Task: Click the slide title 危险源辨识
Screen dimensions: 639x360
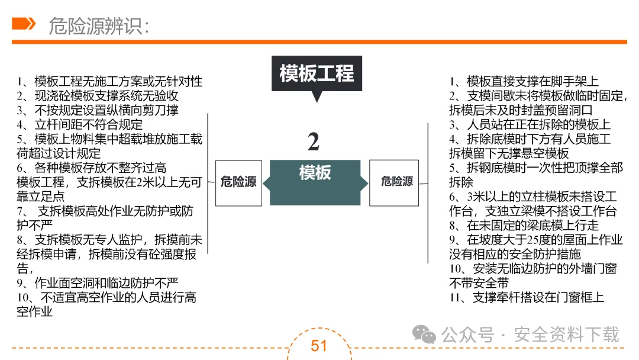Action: tap(99, 26)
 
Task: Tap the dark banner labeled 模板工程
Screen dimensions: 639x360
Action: tap(317, 73)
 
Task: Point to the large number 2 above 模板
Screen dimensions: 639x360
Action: tap(314, 142)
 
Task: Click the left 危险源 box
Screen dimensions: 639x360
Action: tap(238, 182)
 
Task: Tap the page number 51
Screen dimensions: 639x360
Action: tap(319, 346)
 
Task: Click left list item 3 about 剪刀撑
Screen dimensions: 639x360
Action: tap(98, 110)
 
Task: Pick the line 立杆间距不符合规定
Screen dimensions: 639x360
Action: tap(80, 124)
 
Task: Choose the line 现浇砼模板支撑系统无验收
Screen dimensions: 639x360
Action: tap(98, 96)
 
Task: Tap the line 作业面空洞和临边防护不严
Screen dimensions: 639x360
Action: tap(98, 283)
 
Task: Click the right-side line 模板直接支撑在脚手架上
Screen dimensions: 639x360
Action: tap(523, 82)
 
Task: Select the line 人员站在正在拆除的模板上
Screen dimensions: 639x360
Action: tap(530, 125)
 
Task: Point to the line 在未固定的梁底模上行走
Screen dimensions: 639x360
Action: tap(524, 226)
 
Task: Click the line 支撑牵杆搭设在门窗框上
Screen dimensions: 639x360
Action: tap(527, 298)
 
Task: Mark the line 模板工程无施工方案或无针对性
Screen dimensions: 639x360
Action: tap(109, 82)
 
